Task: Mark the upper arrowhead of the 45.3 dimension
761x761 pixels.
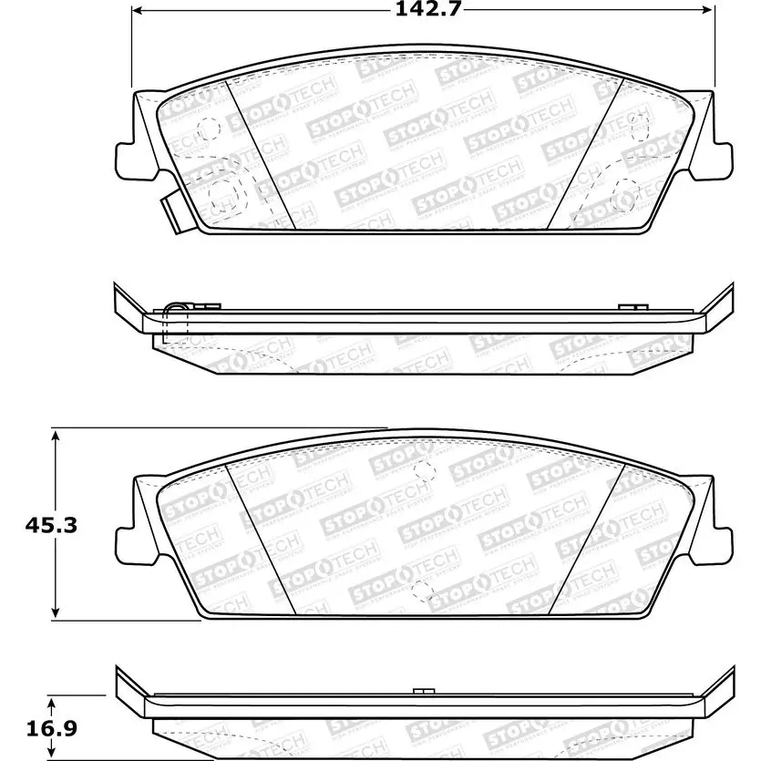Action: tap(57, 437)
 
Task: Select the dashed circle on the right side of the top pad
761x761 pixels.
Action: tap(626, 191)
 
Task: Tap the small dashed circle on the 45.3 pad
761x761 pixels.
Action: tap(422, 469)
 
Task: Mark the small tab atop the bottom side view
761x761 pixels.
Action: tap(420, 691)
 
